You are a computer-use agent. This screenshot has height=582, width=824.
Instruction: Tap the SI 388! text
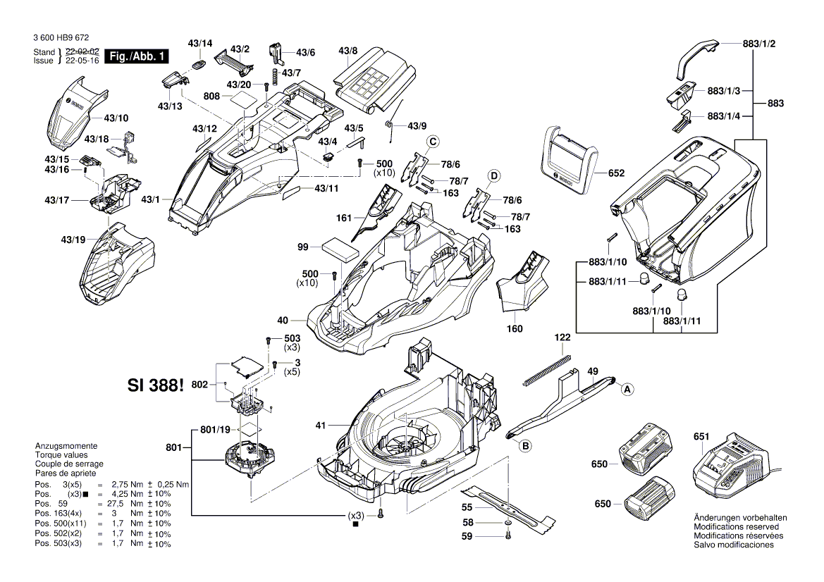[x=156, y=385]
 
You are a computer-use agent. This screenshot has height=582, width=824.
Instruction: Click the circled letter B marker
[x=524, y=445]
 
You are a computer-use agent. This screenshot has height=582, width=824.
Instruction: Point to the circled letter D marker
[x=495, y=175]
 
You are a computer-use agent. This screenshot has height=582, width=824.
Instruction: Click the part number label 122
[x=562, y=338]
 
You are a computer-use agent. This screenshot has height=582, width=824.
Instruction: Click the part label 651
[x=701, y=437]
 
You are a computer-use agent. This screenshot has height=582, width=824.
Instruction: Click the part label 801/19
[x=215, y=429]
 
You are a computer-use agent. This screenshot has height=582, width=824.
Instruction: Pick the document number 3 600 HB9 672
[x=61, y=38]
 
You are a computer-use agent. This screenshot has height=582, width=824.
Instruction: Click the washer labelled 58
[x=508, y=524]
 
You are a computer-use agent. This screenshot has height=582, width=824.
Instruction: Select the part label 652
[x=616, y=173]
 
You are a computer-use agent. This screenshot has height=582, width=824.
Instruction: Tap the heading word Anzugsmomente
[x=66, y=447]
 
